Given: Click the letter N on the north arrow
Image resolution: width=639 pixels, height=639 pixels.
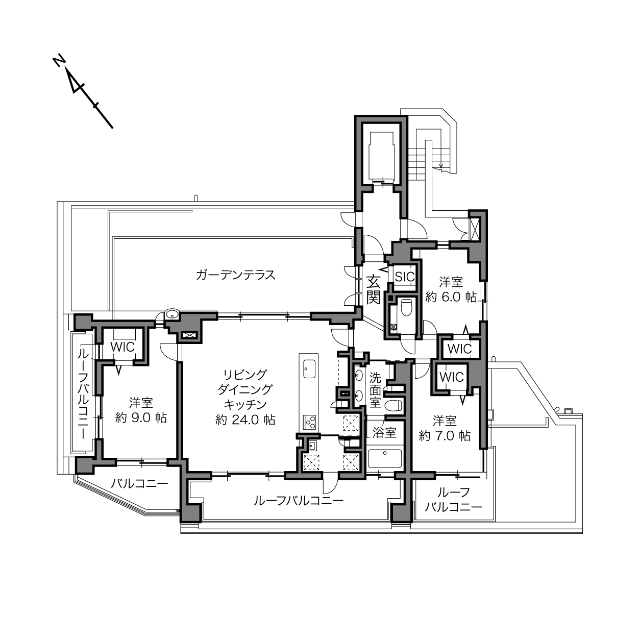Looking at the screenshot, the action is pyautogui.click(x=58, y=62).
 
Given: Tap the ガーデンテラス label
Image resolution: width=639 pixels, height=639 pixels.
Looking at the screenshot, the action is pyautogui.click(x=235, y=275).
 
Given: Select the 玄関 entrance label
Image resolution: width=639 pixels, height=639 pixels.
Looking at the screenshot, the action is pyautogui.click(x=374, y=290).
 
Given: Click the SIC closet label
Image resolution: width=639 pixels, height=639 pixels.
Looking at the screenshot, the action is pyautogui.click(x=405, y=277).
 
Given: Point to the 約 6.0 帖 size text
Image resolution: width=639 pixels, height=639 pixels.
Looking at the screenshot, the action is pyautogui.click(x=451, y=297).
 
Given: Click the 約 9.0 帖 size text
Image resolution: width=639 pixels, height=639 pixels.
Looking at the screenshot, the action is pyautogui.click(x=141, y=418).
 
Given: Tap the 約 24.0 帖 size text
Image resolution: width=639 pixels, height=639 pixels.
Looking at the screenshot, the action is pyautogui.click(x=245, y=420).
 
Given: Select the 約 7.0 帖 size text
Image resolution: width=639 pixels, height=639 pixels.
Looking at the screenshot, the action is pyautogui.click(x=445, y=436).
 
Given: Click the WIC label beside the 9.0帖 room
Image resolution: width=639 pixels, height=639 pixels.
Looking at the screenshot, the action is pyautogui.click(x=122, y=347).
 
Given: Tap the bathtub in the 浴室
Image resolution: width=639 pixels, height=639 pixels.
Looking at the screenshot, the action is pyautogui.click(x=385, y=459).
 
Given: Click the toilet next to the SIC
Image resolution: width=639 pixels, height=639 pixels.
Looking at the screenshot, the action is pyautogui.click(x=406, y=308).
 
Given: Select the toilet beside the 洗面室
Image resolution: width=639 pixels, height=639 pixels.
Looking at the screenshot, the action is pyautogui.click(x=394, y=405).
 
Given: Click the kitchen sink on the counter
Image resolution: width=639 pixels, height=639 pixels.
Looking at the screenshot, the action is pyautogui.click(x=309, y=368).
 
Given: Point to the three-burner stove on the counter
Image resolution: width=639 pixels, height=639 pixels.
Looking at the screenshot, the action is pyautogui.click(x=309, y=422).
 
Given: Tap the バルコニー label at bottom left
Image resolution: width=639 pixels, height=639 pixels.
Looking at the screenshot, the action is pyautogui.click(x=139, y=484).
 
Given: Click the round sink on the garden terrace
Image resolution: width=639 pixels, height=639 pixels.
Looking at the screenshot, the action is pyautogui.click(x=172, y=314).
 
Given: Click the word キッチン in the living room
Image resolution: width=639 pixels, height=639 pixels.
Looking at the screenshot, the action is pyautogui.click(x=245, y=405).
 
